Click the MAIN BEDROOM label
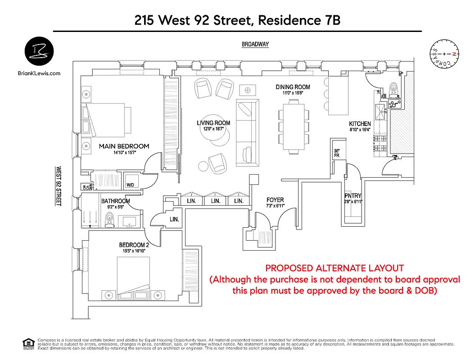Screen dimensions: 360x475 (124, 146)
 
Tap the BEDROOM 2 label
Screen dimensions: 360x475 (134, 245)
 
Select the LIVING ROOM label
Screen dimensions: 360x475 (213, 123)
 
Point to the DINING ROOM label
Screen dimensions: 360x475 (293, 87)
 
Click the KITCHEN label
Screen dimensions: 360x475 (360, 124)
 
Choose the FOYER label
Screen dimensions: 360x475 (275, 200)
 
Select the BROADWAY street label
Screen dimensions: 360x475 (255, 44)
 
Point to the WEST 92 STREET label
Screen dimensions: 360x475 (58, 186)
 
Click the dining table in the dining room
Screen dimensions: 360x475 (294, 127)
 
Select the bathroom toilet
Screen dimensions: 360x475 (109, 220)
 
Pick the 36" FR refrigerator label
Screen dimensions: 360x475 (336, 153)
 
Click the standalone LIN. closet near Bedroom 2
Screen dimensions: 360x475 (174, 220)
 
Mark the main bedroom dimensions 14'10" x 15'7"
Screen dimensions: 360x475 (124, 153)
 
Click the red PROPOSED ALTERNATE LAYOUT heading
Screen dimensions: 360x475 (335, 268)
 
